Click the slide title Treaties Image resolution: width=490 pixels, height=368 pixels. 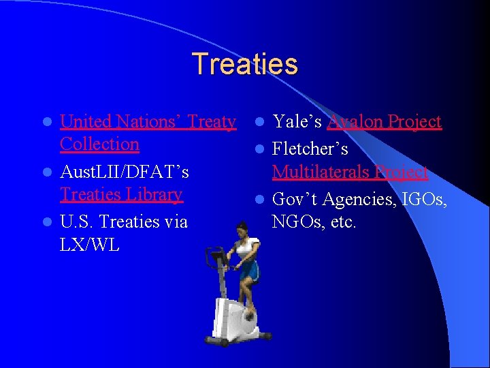pyautogui.click(x=244, y=64)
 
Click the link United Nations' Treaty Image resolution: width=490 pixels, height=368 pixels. pyautogui.click(x=148, y=122)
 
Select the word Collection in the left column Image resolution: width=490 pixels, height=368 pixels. pyautogui.click(x=99, y=144)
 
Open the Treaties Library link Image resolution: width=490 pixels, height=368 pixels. pyautogui.click(x=121, y=195)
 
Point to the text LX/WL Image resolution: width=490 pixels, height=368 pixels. pyautogui.click(x=89, y=245)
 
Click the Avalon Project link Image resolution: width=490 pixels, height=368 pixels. pyautogui.click(x=384, y=122)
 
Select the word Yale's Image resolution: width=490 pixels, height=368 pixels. pyautogui.click(x=297, y=122)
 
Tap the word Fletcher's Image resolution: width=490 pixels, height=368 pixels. pyautogui.click(x=310, y=149)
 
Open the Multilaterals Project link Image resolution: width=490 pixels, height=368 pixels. pyautogui.click(x=350, y=172)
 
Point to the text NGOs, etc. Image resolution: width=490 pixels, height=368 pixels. pyautogui.click(x=314, y=222)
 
